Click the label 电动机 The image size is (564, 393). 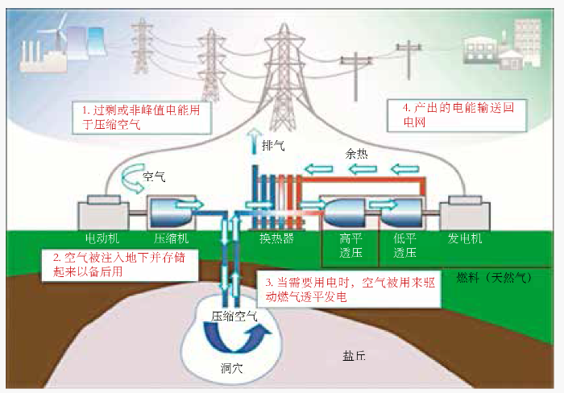point(102,238)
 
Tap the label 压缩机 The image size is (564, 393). point(171,238)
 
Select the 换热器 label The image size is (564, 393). point(276,238)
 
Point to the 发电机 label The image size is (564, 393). point(465,238)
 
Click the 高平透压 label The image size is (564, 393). point(350,245)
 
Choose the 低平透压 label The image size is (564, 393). point(404,245)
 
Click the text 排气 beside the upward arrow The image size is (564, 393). point(273,146)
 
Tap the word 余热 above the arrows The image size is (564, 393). point(356,154)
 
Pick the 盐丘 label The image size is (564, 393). point(354,356)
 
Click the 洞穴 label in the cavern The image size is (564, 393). point(232,368)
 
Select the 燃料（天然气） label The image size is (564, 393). point(494,278)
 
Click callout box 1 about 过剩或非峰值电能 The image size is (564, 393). point(141,118)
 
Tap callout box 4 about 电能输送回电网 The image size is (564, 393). point(457,115)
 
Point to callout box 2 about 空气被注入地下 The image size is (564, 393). point(120,265)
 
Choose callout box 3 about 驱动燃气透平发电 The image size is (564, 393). point(348,289)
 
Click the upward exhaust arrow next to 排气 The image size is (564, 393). point(255,141)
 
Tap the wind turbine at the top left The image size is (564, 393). point(60,32)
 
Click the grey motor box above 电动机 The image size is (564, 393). point(103,213)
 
